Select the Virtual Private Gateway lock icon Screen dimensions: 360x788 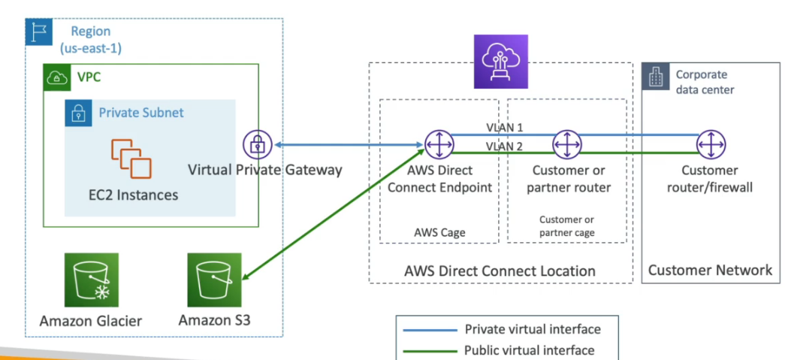pos(256,144)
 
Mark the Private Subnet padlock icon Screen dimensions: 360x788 pos(78,113)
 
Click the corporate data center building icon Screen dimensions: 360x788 pos(654,77)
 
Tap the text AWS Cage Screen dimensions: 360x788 pos(439,232)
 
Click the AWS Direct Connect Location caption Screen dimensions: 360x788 pos(500,271)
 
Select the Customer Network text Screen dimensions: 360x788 pos(710,270)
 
